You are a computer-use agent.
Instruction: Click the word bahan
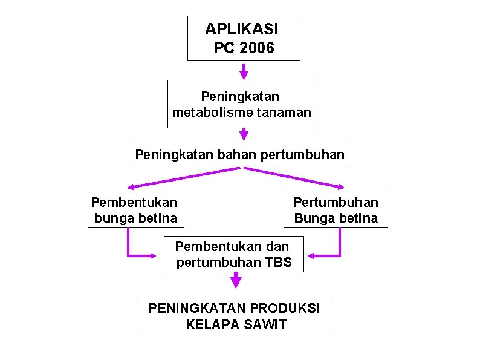click(220, 154)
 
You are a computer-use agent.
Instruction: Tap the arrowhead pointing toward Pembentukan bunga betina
click(132, 186)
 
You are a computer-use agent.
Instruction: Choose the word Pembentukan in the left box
click(134, 201)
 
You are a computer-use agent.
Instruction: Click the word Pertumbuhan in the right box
click(336, 201)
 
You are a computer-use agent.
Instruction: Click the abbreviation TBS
click(279, 263)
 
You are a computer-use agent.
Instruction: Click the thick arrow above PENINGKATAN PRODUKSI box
click(236, 281)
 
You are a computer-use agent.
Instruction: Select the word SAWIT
click(266, 324)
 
